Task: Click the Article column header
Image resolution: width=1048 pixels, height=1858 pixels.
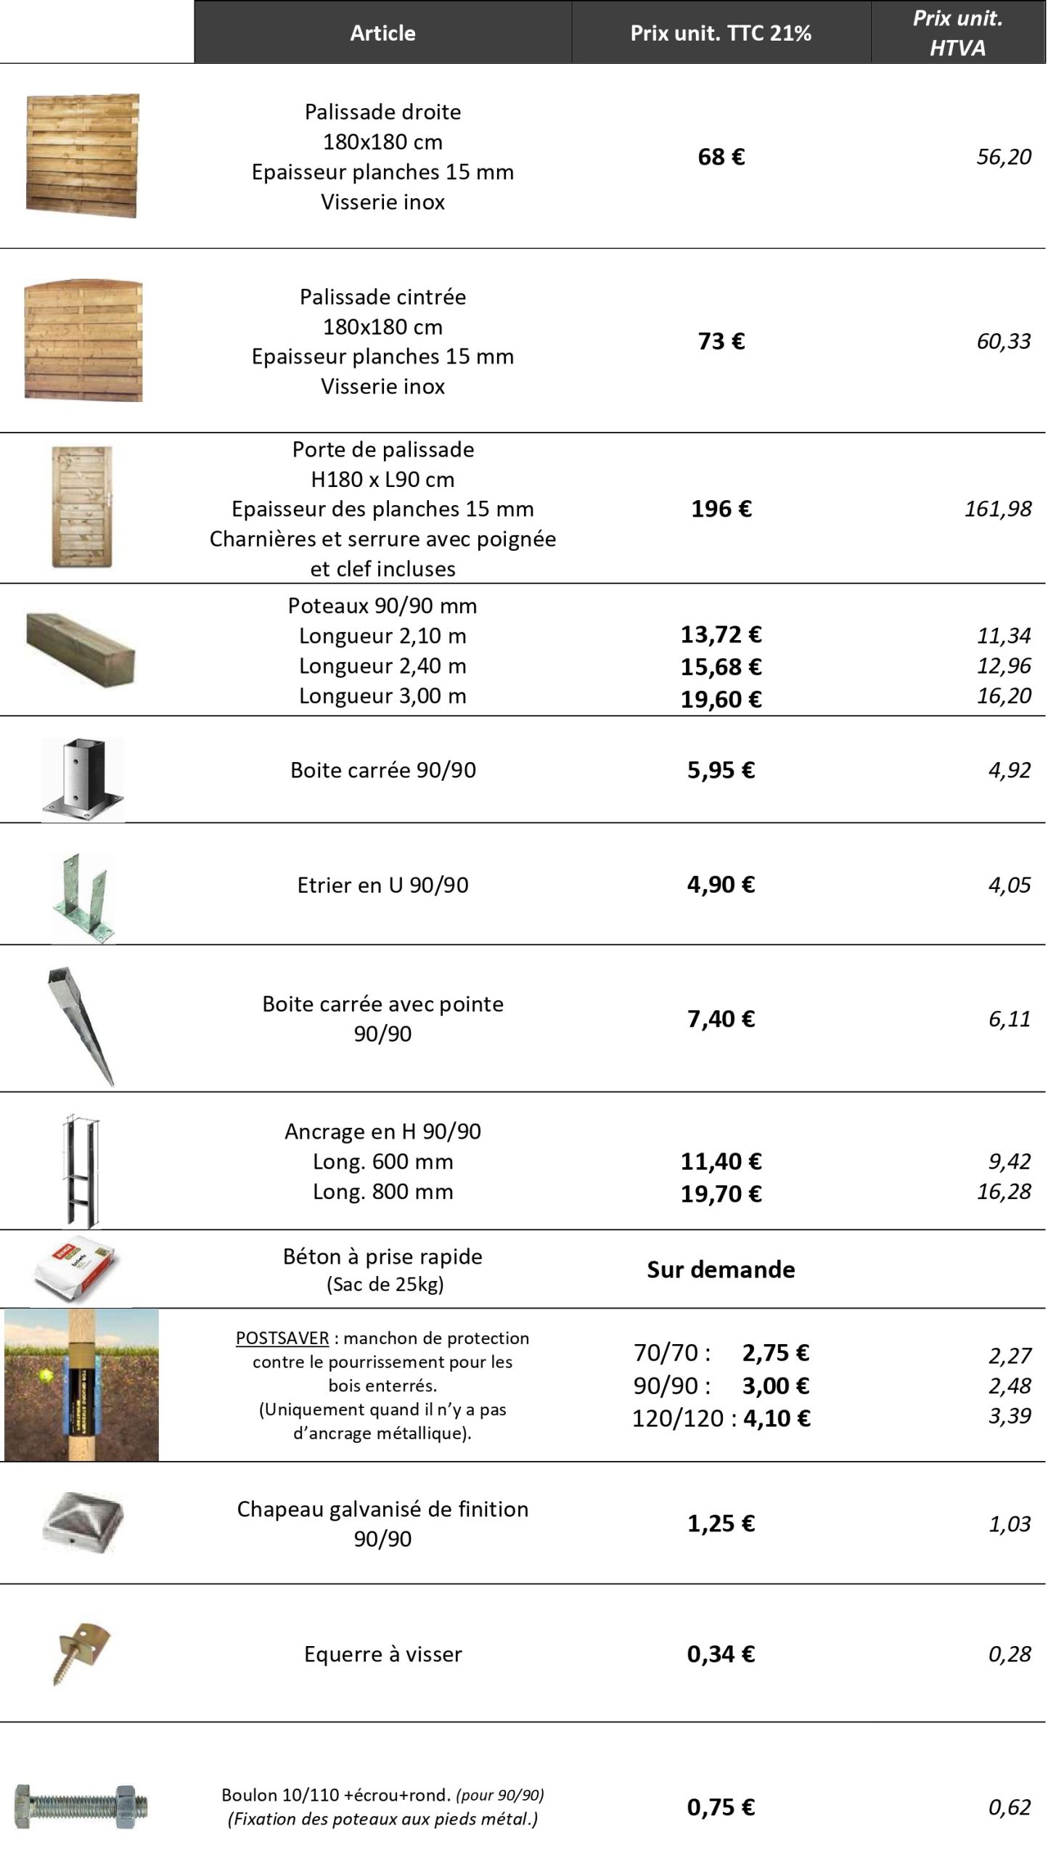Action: coord(382,33)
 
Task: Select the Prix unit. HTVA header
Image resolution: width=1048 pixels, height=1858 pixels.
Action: coord(957,33)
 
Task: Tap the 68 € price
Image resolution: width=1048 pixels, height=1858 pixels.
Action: coord(721,157)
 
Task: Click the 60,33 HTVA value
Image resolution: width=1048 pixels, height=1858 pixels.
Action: coord(1003,341)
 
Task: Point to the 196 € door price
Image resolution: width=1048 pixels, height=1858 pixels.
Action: coord(721,509)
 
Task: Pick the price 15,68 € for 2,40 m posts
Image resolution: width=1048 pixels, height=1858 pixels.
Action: coord(721,666)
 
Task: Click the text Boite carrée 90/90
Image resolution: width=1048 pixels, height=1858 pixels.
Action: coord(382,770)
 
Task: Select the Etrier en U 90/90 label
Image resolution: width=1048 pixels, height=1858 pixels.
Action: coord(382,885)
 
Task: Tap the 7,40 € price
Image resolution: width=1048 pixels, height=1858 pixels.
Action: coord(721,1019)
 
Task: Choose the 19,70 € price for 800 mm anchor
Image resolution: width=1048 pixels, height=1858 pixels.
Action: coord(721,1193)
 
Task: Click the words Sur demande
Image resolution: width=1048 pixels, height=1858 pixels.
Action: coord(721,1269)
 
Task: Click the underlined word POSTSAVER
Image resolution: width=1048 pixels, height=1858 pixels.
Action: coord(282,1338)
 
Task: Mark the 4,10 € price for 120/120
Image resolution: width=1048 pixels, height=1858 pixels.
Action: coord(776,1417)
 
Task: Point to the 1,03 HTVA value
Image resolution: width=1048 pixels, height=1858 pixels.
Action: coord(1009,1523)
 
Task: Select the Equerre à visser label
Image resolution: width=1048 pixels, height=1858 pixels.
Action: coord(382,1654)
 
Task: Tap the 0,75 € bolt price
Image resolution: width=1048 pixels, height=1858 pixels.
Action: coord(721,1806)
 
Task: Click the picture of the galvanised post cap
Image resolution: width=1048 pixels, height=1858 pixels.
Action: coord(83,1522)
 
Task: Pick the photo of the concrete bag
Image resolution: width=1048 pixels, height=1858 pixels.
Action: coord(75,1269)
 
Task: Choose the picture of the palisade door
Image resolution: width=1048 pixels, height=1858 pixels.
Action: coord(82,507)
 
